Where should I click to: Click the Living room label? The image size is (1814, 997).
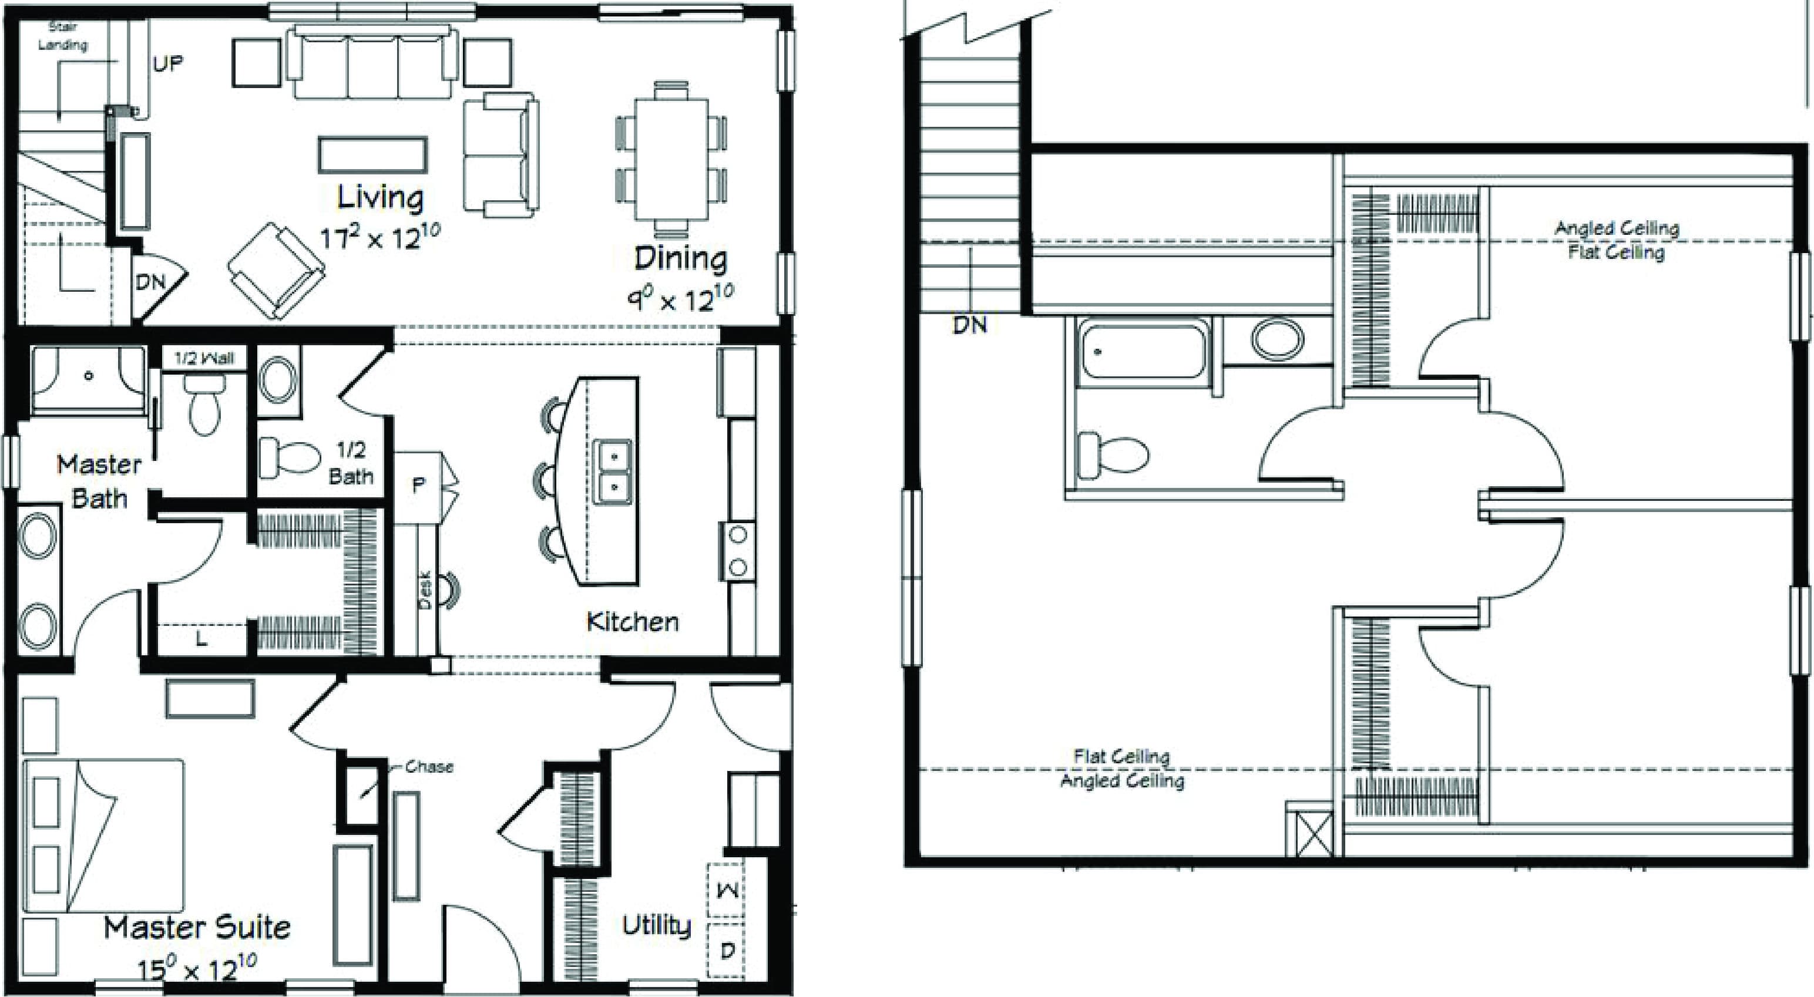point(380,198)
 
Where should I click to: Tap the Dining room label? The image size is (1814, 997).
point(680,258)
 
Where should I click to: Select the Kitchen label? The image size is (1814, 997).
point(632,622)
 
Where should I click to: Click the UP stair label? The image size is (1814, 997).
point(167,64)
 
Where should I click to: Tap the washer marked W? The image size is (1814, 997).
point(727,891)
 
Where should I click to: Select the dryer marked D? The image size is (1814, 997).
point(727,951)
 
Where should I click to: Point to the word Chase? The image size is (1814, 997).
point(429,766)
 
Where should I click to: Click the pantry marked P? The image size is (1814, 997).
point(418,485)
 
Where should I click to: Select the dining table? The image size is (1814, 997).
point(671,160)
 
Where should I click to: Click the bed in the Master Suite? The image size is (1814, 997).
point(104,835)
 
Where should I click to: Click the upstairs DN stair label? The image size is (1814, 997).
point(970,325)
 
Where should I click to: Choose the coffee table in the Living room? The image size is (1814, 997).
point(372,154)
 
